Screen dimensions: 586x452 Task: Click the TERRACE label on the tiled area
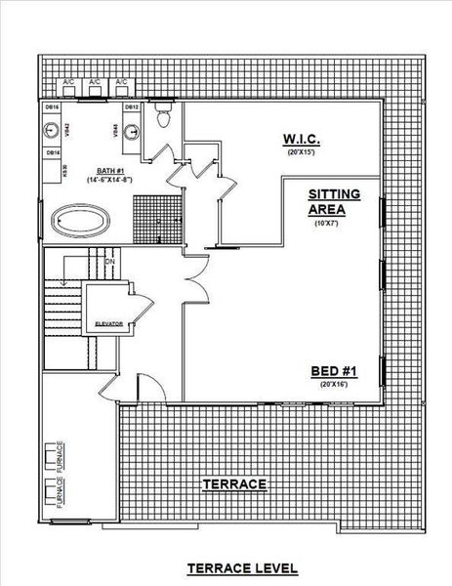pyautogui.click(x=234, y=484)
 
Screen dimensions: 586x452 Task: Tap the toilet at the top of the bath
pyautogui.click(x=163, y=118)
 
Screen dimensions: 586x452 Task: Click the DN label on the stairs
pyautogui.click(x=109, y=262)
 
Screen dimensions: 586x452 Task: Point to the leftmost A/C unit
pyautogui.click(x=70, y=82)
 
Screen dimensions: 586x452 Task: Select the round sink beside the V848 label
pyautogui.click(x=136, y=126)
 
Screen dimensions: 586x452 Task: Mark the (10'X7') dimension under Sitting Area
pyautogui.click(x=325, y=224)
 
